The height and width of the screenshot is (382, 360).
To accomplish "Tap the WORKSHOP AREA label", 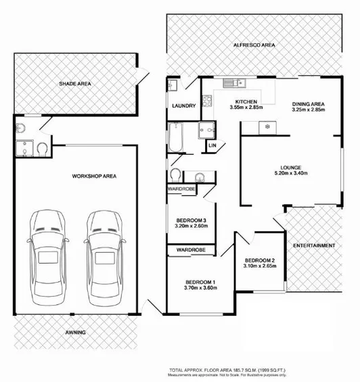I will [95, 176].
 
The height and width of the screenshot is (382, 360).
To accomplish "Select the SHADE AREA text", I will [74, 85].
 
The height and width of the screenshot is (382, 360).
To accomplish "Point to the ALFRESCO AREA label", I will [254, 45].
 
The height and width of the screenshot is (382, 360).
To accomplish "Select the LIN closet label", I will [212, 145].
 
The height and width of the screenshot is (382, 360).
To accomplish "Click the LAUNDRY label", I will [183, 105].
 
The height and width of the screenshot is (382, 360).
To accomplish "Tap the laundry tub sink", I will [173, 85].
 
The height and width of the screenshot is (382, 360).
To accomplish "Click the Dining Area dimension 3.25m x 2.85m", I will [308, 108].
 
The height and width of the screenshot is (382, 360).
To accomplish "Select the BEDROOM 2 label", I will [259, 261].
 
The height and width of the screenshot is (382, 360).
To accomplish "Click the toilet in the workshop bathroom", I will [43, 148].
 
